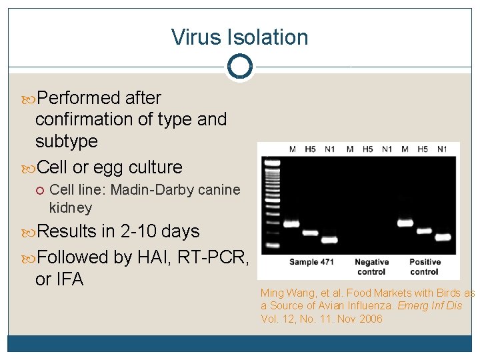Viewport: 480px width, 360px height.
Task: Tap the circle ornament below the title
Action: tap(239, 66)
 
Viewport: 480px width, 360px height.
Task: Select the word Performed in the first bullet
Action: tap(79, 98)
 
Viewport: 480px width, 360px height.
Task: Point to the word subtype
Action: tap(66, 141)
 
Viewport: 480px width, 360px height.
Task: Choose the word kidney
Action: tap(71, 208)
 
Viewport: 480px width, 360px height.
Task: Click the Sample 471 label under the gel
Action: tap(311, 262)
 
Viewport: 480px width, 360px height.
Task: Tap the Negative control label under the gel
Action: tap(371, 267)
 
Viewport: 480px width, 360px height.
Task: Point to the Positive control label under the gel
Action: tap(424, 267)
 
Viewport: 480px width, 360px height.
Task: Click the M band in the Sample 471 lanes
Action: tap(292, 224)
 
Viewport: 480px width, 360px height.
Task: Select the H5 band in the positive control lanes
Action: tap(424, 231)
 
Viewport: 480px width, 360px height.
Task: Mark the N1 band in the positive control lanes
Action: tap(443, 237)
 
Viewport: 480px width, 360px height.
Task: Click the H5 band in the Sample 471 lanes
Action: tap(311, 233)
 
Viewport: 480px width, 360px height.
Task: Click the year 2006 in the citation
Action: tap(369, 319)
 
